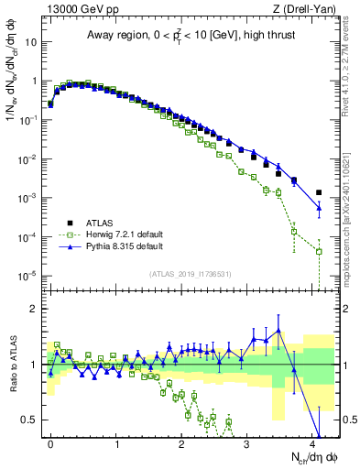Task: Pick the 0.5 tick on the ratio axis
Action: pos(30,420)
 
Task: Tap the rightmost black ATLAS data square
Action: pos(319,192)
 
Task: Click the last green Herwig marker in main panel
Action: pos(319,251)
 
